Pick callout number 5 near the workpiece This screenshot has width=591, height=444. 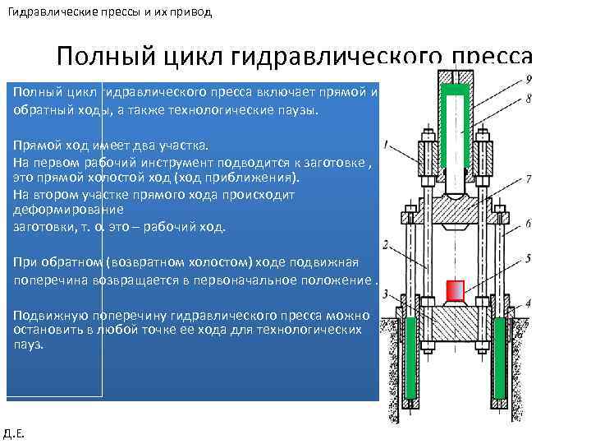tap(529, 257)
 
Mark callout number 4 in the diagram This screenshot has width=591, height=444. tap(529, 303)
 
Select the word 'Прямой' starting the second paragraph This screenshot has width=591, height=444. tap(34, 145)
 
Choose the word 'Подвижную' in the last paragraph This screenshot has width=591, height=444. tap(46, 316)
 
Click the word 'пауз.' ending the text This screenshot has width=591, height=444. tap(29, 345)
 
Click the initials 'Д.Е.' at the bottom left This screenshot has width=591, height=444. tap(14, 432)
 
